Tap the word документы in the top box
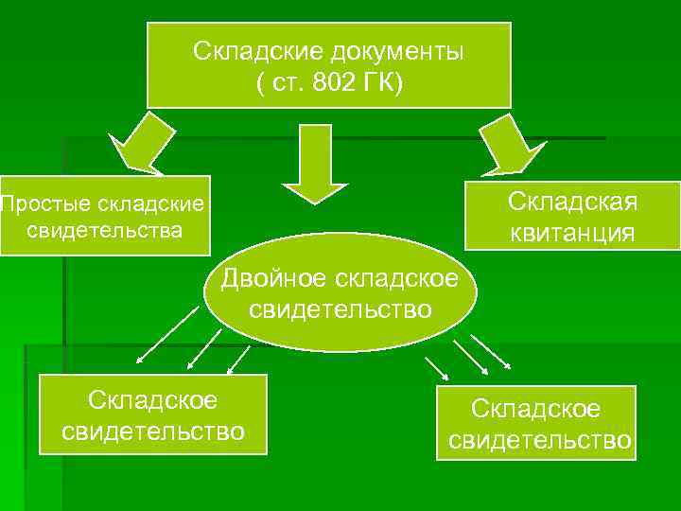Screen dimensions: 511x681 397,50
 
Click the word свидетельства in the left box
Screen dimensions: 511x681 104,230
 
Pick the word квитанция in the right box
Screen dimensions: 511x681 572,232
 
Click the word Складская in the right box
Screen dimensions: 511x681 572,202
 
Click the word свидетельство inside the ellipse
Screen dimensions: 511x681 340,308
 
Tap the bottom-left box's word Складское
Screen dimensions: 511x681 152,400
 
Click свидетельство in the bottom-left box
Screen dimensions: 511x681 152,432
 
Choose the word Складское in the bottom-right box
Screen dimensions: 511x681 536,409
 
